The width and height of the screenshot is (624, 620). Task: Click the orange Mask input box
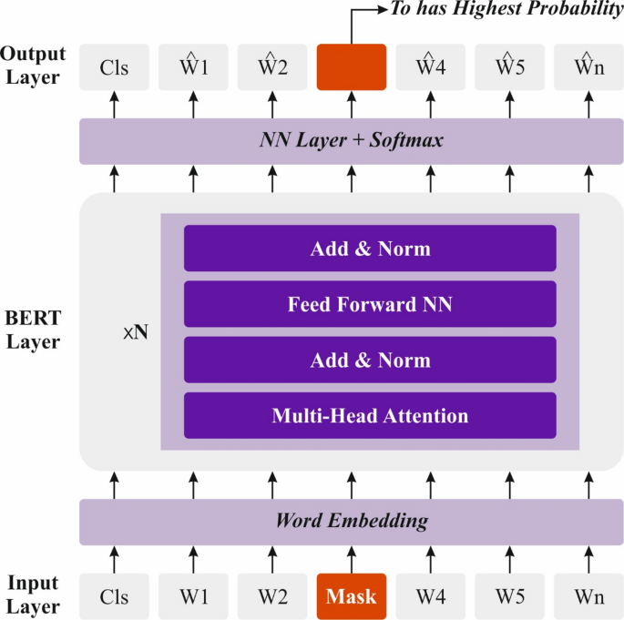tap(352, 596)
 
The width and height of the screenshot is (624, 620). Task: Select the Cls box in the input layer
tap(114, 596)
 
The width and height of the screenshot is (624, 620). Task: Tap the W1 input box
tap(193, 596)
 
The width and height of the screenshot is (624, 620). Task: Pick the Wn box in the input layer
tap(589, 596)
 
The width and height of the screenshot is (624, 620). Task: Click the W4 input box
tap(431, 596)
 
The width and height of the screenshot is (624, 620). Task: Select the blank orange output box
tap(352, 67)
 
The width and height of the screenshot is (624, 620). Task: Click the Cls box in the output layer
tap(114, 67)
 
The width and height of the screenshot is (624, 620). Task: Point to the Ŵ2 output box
tap(272, 67)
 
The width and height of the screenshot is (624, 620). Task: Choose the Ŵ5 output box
tap(510, 67)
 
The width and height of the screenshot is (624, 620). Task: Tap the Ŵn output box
tap(589, 67)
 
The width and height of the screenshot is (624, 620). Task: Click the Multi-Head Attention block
tap(370, 416)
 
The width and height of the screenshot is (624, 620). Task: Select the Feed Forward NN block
tap(370, 304)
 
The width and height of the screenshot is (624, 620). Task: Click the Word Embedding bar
tap(352, 522)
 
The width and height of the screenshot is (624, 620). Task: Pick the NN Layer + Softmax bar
tap(352, 141)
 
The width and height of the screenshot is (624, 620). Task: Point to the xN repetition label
tap(135, 332)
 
